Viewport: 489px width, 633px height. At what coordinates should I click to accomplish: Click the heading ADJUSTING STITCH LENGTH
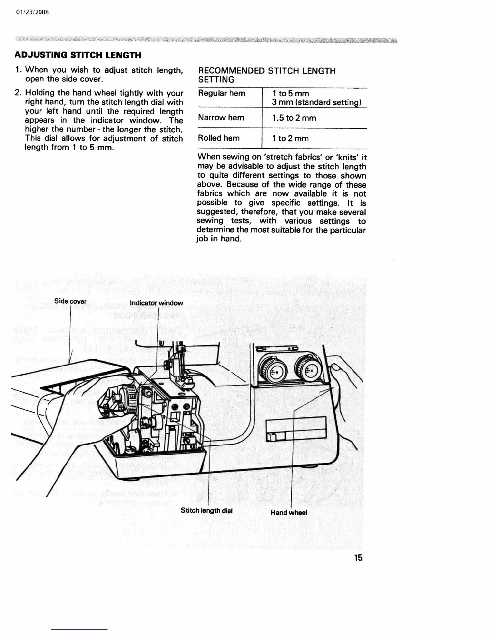click(x=78, y=55)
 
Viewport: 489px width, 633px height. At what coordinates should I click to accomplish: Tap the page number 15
click(x=358, y=558)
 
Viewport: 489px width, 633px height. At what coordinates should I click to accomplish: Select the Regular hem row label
click(x=222, y=93)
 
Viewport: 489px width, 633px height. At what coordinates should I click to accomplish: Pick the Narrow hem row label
click(x=221, y=117)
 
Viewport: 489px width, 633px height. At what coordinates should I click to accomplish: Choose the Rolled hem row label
click(x=219, y=138)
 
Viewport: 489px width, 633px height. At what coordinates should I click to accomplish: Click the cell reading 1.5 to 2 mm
click(x=294, y=118)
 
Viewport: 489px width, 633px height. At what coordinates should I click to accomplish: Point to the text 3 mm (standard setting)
click(x=317, y=102)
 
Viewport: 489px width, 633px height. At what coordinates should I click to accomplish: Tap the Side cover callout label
click(x=70, y=301)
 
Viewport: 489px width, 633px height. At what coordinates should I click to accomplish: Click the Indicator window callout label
click(x=157, y=303)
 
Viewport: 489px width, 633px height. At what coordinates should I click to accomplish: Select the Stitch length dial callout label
click(x=207, y=510)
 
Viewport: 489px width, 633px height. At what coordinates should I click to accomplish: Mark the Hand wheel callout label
click(x=289, y=512)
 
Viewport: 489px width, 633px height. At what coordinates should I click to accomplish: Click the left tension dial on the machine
click(x=272, y=370)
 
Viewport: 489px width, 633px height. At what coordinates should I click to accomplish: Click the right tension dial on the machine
click(x=308, y=370)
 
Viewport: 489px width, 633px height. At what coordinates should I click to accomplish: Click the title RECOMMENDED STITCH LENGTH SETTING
click(x=266, y=75)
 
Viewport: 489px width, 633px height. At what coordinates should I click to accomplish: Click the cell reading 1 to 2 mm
click(x=290, y=139)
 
